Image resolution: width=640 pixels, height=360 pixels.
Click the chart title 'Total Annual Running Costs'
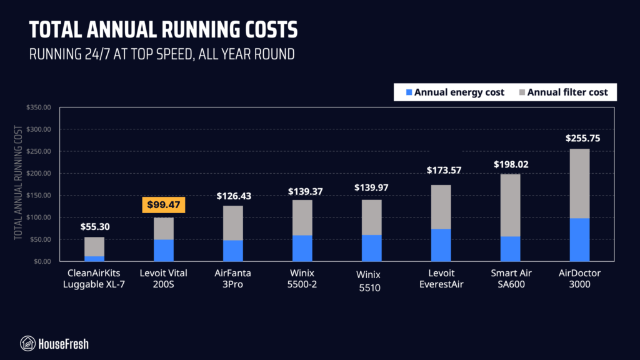point(164,29)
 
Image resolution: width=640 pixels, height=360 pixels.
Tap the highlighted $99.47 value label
point(163,204)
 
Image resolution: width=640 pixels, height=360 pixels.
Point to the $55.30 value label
point(94,227)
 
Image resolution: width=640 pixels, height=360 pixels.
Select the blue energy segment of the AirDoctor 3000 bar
point(579,239)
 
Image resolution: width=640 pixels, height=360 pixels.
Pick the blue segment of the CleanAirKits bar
point(94,258)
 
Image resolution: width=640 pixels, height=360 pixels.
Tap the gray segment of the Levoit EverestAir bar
point(441,207)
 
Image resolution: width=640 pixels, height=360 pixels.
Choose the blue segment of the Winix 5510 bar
point(371,247)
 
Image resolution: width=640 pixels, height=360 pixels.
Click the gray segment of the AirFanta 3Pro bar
point(232,222)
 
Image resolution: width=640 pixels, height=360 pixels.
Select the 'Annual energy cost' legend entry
point(454,92)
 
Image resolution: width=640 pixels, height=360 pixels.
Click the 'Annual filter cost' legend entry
point(563,92)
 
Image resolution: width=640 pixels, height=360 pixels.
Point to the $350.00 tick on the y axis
point(39,107)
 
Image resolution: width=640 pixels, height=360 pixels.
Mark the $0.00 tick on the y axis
point(42,261)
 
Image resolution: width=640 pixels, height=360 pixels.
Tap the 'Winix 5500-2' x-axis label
point(302,278)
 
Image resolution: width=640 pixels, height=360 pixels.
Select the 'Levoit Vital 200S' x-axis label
point(164,278)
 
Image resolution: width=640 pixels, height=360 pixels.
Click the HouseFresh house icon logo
point(27,343)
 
